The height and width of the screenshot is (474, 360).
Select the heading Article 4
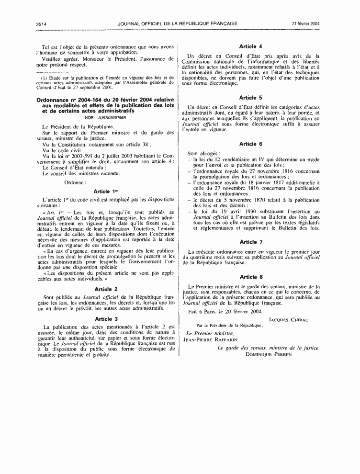click(x=251, y=46)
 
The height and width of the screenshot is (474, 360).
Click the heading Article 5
click(x=251, y=97)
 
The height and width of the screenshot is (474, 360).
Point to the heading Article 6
click(x=251, y=144)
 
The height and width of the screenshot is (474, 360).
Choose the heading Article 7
click(x=251, y=242)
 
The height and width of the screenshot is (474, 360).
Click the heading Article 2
click(x=106, y=289)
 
